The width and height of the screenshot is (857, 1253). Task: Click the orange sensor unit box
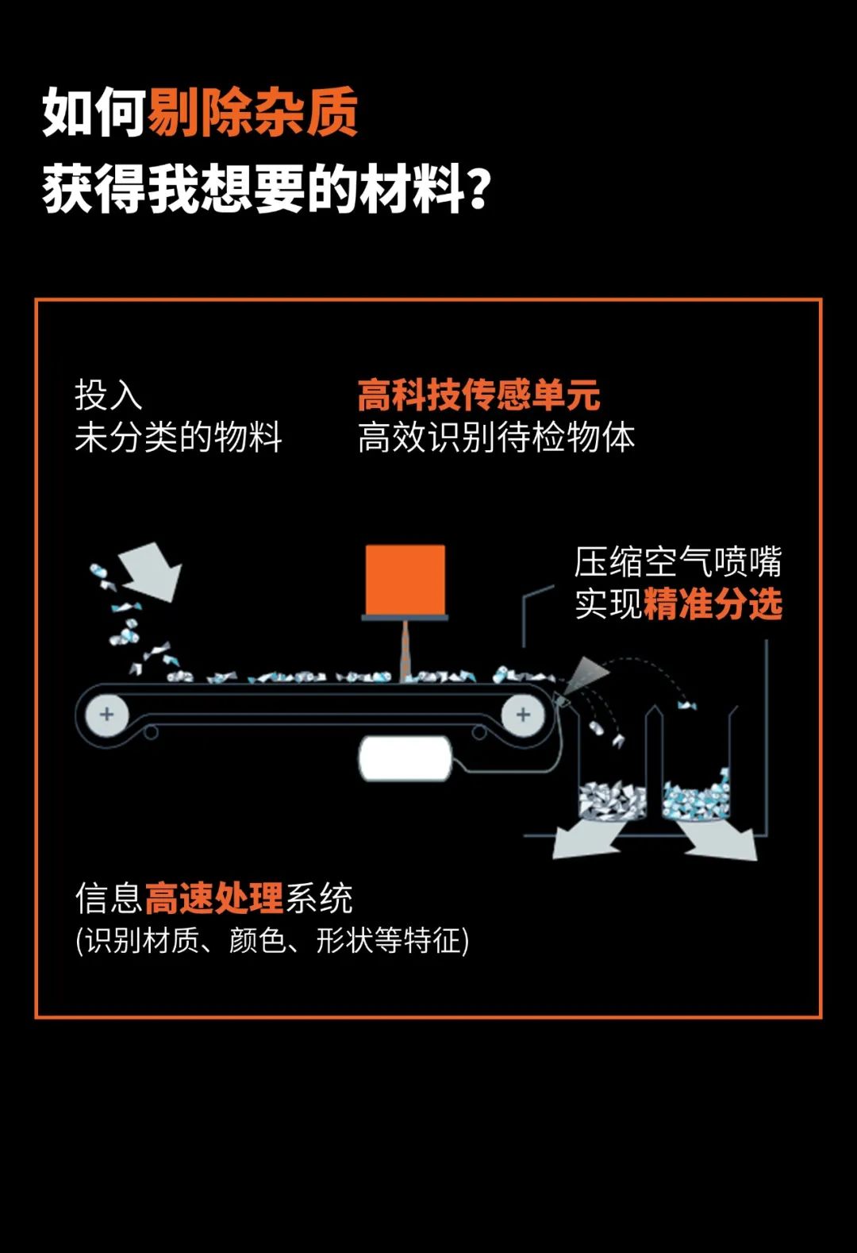pos(405,580)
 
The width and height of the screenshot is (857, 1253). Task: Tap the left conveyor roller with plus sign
pos(107,715)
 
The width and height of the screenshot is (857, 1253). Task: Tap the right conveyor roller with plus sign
pos(523,715)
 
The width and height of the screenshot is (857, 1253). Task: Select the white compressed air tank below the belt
pos(405,758)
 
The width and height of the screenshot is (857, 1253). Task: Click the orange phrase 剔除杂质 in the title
pos(252,112)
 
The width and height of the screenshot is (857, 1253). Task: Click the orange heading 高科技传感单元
pos(479,395)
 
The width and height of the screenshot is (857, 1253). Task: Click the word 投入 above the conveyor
pos(109,395)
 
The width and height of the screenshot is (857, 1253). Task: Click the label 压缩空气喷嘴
pos(678,561)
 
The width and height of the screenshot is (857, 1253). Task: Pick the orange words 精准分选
pos(713,603)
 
